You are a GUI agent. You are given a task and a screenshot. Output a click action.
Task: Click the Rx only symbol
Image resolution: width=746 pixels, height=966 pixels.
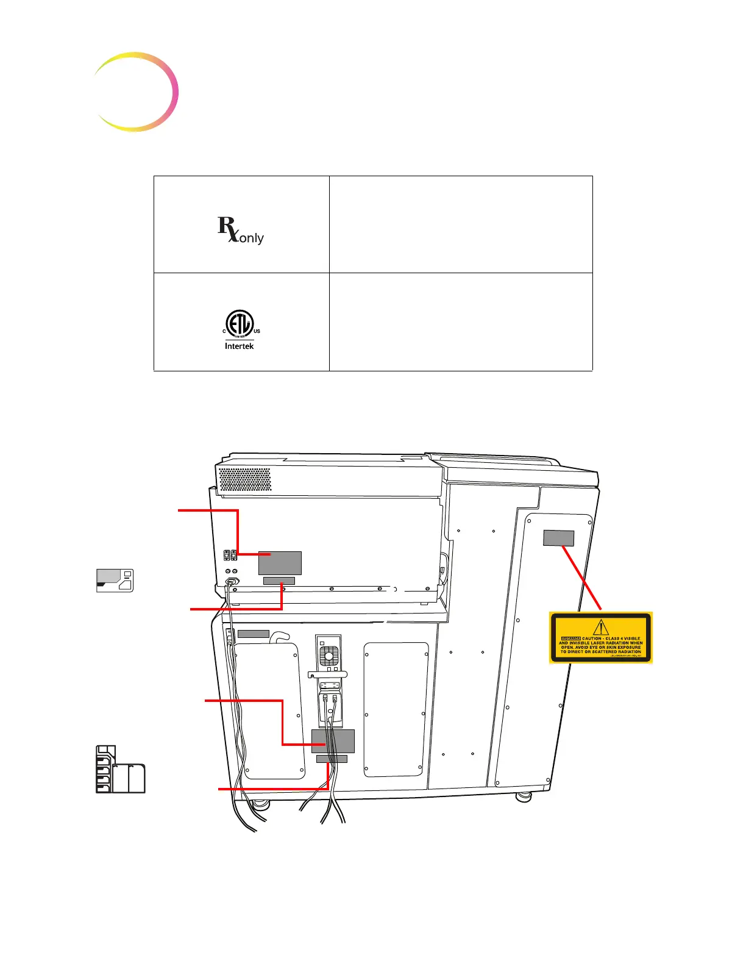240,230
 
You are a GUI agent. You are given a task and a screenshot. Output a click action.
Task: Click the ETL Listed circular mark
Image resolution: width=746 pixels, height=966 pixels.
240,323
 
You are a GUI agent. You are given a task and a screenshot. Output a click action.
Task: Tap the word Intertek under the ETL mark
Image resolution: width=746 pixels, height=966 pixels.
239,346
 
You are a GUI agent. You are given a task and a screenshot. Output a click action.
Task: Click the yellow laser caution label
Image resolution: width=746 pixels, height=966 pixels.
600,637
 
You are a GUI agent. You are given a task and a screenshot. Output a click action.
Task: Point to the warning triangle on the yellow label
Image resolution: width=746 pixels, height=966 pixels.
601,627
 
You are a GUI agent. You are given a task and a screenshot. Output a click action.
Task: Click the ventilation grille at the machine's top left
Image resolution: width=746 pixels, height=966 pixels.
244,479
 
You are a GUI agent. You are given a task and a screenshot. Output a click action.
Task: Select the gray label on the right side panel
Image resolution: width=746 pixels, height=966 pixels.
558,538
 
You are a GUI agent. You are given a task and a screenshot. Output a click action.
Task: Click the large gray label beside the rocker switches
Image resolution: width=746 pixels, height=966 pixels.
280,562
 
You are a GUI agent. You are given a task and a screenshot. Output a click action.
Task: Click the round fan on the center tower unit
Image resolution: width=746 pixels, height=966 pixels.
329,656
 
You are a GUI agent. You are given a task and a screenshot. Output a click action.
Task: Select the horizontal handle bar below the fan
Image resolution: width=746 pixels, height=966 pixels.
328,674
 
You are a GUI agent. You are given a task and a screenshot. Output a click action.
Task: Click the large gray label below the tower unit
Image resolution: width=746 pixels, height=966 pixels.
333,741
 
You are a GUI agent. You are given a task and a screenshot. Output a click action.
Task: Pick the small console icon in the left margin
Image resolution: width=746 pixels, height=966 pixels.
115,580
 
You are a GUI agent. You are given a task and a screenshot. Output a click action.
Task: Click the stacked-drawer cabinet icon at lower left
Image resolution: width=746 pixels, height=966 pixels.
120,769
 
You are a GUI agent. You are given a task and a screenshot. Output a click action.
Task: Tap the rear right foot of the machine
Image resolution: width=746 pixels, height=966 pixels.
523,796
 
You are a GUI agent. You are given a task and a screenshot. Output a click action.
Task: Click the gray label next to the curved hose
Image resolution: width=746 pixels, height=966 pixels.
253,634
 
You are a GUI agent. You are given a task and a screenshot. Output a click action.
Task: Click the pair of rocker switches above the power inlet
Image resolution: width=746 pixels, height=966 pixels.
230,555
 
